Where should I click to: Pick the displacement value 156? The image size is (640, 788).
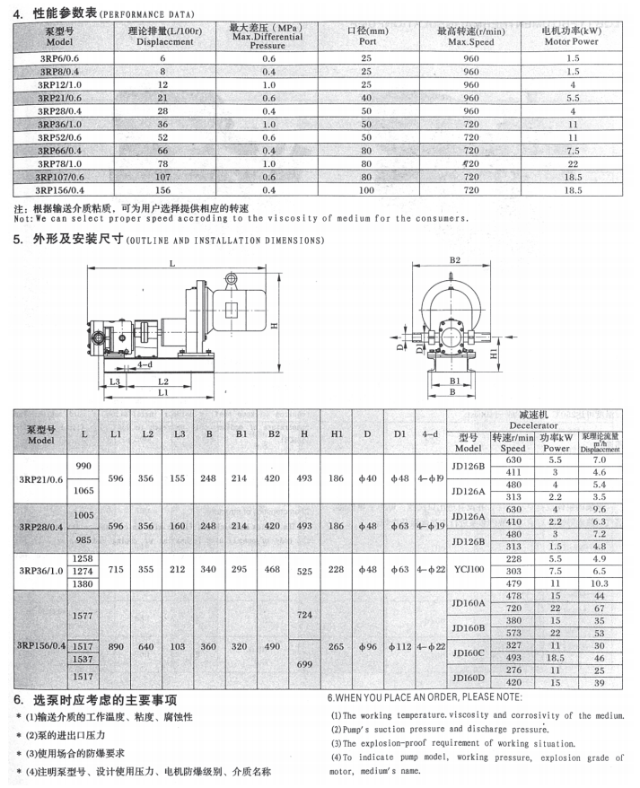click(x=163, y=190)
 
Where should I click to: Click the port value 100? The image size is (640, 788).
click(x=366, y=190)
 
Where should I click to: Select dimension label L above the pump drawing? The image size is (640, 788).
click(x=172, y=264)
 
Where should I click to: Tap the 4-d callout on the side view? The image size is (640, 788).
click(x=145, y=365)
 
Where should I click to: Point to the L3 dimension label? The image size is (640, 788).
click(x=116, y=381)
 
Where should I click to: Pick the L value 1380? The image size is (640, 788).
click(x=83, y=583)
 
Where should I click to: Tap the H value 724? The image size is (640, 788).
click(x=304, y=615)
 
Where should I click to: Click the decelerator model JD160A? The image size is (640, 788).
click(x=469, y=602)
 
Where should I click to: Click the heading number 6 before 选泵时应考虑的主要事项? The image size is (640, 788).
click(x=17, y=699)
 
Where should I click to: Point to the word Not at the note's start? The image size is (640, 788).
click(x=23, y=218)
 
